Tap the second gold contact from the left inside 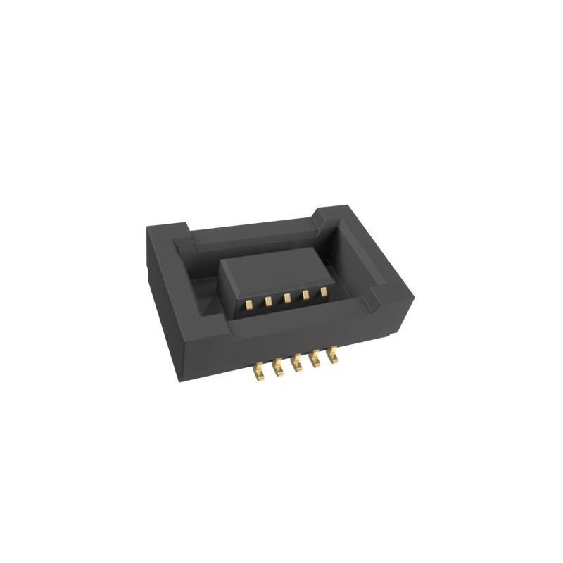click(x=269, y=301)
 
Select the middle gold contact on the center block click(x=287, y=298)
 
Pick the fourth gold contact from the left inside click(x=305, y=294)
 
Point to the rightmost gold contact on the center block click(x=324, y=291)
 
